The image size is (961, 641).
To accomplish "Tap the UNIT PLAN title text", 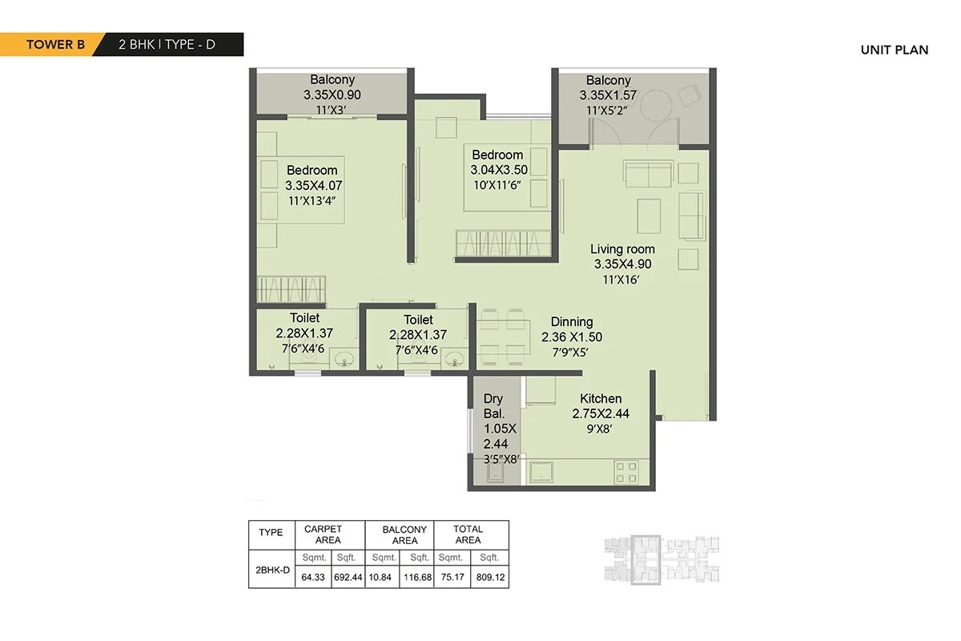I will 894,50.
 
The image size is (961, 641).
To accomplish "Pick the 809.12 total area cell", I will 489,576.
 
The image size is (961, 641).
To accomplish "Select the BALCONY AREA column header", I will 404,534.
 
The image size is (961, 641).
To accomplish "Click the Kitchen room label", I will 601,399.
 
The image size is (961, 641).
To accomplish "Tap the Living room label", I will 622,249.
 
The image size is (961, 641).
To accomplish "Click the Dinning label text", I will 571,322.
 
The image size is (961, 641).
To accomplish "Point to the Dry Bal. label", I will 494,406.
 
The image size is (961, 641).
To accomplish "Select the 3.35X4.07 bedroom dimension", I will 312,185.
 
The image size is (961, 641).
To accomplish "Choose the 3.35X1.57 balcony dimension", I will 608,95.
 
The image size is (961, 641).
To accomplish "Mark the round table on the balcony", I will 661,103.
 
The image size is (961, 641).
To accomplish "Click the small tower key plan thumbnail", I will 660,558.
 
